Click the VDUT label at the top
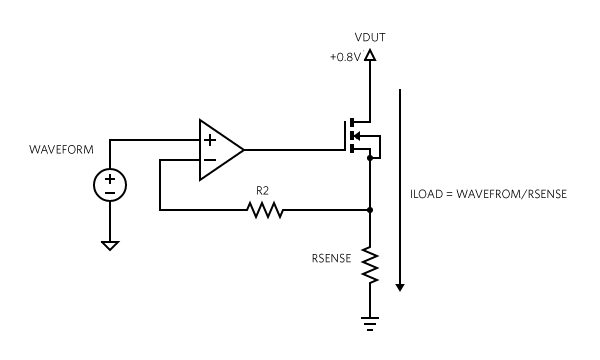pos(370,37)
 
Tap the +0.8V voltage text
pos(345,56)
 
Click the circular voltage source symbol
pos(110,185)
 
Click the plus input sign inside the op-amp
pos(210,140)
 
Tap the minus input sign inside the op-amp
pos(210,161)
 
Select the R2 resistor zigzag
pos(265,210)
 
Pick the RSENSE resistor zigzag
pos(371,265)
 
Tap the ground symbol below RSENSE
pos(371,321)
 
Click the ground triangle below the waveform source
pos(110,244)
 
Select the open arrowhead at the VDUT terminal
pos(371,58)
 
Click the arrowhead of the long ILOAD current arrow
pos(401,286)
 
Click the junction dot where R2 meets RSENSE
pos(371,210)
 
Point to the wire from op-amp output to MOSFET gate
pos(295,150)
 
